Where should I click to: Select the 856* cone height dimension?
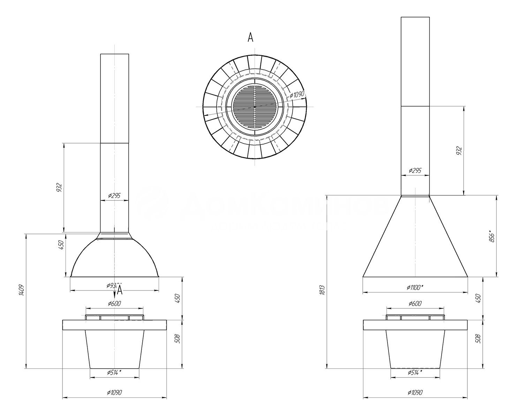(x=492, y=236)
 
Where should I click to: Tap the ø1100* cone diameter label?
(x=415, y=287)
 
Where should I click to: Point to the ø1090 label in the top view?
(x=297, y=94)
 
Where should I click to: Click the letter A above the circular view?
(x=250, y=37)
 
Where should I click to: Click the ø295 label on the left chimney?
(x=114, y=196)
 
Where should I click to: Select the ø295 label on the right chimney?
(x=415, y=170)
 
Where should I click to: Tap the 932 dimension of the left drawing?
(x=59, y=188)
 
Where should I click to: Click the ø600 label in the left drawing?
(x=114, y=303)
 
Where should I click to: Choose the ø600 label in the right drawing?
(x=415, y=303)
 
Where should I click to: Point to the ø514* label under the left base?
(x=114, y=373)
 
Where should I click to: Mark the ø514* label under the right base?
(x=415, y=373)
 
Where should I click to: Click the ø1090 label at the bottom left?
(x=114, y=392)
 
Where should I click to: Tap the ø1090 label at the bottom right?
(x=415, y=392)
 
